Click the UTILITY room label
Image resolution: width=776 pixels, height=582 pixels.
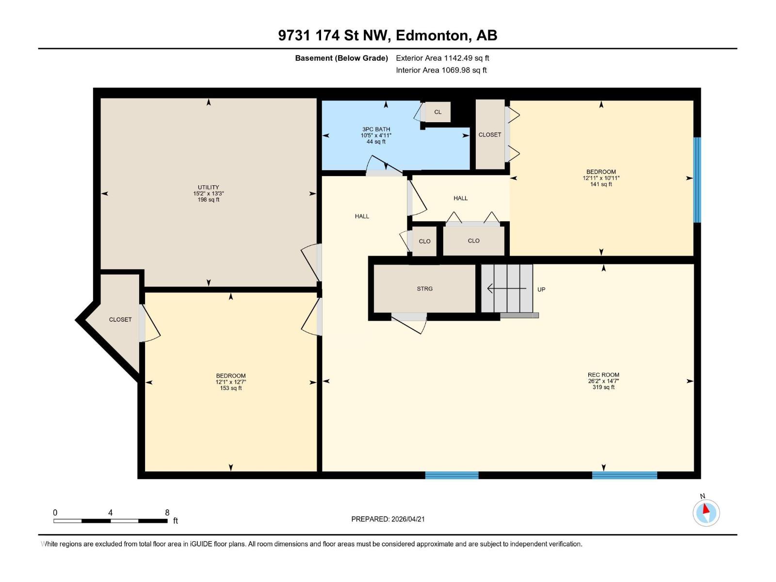[x=208, y=187]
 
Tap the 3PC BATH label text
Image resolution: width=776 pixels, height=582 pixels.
[x=376, y=129]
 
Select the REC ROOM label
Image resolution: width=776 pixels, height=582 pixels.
[x=603, y=375]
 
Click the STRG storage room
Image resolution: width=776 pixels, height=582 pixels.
[x=424, y=289]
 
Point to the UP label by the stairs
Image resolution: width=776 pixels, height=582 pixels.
[x=541, y=290]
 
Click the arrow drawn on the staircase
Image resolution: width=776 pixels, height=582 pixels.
[x=506, y=289]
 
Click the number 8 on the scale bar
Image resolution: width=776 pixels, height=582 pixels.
[x=167, y=513]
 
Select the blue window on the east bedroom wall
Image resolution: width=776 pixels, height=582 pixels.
[x=697, y=179]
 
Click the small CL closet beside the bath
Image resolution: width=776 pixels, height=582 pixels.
[x=437, y=112]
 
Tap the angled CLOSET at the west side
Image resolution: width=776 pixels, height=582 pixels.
[x=120, y=320]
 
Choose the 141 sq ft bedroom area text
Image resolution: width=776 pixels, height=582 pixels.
[x=601, y=184]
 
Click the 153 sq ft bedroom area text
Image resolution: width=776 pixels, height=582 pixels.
[x=231, y=388]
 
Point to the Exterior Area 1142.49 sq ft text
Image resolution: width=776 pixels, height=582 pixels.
[x=442, y=58]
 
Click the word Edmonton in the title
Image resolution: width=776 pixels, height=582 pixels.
[x=433, y=35]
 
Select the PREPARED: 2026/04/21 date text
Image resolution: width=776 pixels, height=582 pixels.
[x=388, y=519]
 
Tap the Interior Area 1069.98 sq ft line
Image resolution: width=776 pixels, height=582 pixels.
[x=441, y=70]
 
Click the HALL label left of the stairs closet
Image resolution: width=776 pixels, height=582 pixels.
[x=362, y=216]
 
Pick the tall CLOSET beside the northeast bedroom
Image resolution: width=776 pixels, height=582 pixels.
[x=490, y=134]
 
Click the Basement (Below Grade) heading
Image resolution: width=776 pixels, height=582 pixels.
[x=341, y=58]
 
